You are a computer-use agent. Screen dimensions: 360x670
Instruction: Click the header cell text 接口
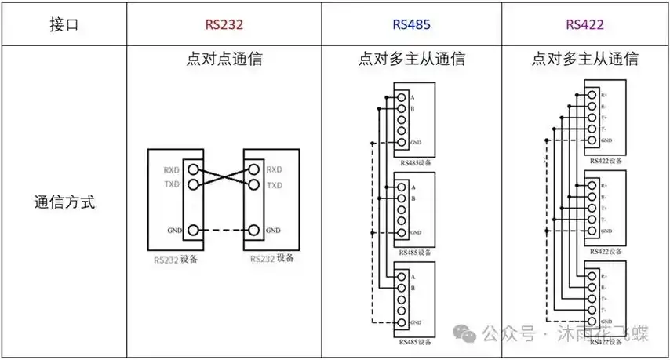point(64,24)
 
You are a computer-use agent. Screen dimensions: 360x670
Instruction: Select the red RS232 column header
point(224,24)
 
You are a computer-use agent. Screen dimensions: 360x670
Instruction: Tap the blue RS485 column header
point(411,24)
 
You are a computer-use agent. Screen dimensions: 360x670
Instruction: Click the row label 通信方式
point(64,202)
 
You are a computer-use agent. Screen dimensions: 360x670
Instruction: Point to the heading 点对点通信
point(224,59)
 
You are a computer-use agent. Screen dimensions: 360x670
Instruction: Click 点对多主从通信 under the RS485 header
point(411,59)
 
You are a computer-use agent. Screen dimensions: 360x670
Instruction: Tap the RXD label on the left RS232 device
point(172,170)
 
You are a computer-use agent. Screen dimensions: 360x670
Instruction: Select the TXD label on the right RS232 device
point(275,185)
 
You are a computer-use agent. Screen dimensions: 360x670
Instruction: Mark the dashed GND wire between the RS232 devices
point(224,231)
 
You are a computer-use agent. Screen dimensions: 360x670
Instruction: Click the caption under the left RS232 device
point(177,259)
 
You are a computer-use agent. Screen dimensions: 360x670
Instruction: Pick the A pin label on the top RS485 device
point(413,98)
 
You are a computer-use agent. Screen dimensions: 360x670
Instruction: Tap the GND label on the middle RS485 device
point(416,232)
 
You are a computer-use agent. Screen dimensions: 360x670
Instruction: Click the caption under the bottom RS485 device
point(415,342)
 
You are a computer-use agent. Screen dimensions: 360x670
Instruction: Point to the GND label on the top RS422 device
point(606,140)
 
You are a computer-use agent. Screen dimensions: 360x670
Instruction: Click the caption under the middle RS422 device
point(606,251)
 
